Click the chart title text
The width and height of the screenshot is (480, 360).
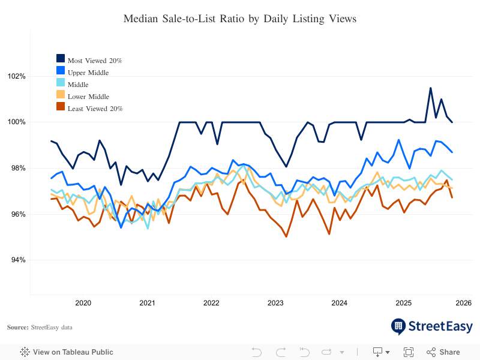[x=240, y=19]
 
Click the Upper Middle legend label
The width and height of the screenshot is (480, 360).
[x=88, y=73]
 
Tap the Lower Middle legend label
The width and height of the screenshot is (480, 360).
[x=88, y=97]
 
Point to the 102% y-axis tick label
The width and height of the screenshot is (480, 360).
[x=17, y=77]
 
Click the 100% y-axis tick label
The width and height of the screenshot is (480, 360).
[x=17, y=122]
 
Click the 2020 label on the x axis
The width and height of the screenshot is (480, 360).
[x=83, y=303]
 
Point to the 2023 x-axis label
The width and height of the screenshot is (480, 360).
[x=275, y=303]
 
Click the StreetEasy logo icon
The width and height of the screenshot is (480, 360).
[x=398, y=326]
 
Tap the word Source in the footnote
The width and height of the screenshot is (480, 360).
[x=17, y=328]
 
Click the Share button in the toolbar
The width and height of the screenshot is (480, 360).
[x=443, y=352]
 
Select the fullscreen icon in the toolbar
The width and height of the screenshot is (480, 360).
[x=409, y=352]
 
